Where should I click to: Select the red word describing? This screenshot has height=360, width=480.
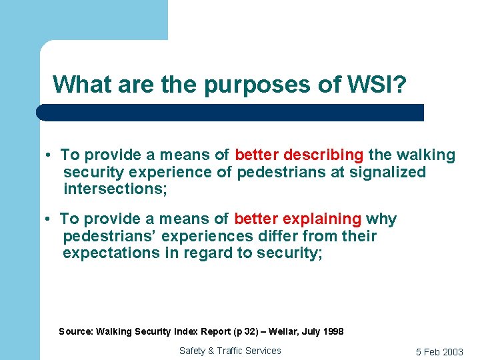pos(323,155)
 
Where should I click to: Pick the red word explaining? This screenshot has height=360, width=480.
pos(322,219)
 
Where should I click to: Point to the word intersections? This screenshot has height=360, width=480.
pos(115,189)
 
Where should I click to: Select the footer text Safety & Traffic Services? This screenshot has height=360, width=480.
pos(230,351)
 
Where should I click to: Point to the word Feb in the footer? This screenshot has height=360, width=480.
pos(433,352)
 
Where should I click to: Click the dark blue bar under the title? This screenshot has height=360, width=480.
pos(230,112)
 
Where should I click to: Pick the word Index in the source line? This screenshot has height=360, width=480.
pos(187,331)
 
